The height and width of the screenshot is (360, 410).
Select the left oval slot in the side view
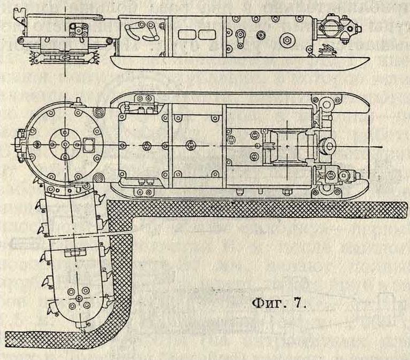(x=188, y=35)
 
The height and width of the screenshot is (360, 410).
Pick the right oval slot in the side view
(x=206, y=35)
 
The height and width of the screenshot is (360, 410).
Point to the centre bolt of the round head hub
(x=64, y=144)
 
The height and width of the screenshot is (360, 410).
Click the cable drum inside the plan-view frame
(x=288, y=146)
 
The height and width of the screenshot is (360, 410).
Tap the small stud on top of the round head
(x=77, y=101)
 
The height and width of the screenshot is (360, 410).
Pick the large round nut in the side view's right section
(x=288, y=38)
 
